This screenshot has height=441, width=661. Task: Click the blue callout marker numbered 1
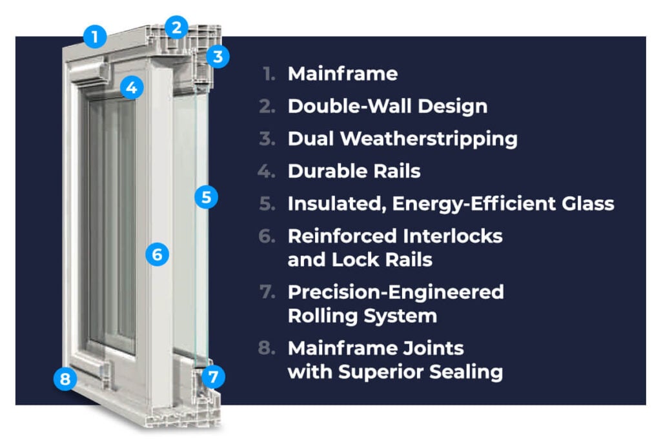click(x=95, y=36)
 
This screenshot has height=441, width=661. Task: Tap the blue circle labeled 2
click(x=177, y=27)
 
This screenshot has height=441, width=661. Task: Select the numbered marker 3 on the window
click(x=218, y=56)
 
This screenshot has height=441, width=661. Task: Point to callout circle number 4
click(x=132, y=88)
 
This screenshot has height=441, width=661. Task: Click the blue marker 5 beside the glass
click(x=206, y=197)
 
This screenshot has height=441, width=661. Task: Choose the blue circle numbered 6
click(x=158, y=254)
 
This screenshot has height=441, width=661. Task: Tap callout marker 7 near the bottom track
click(x=213, y=376)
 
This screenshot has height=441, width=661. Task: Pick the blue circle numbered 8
click(x=65, y=378)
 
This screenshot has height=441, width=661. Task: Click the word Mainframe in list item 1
click(x=343, y=74)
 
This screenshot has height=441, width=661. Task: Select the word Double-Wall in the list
click(x=349, y=107)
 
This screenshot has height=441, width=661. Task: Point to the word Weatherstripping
click(x=429, y=139)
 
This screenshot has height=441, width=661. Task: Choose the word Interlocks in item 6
click(x=453, y=236)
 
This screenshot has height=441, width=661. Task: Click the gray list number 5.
click(x=267, y=203)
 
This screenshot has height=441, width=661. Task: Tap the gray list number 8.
click(x=267, y=348)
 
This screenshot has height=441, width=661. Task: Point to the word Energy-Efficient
click(x=474, y=204)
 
